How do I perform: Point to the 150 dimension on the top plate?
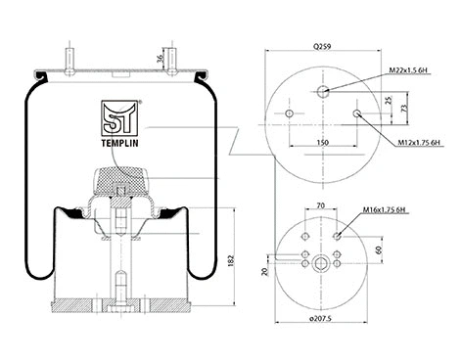[322, 143]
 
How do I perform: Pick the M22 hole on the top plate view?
[322, 91]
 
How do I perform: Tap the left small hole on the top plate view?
[289, 115]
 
